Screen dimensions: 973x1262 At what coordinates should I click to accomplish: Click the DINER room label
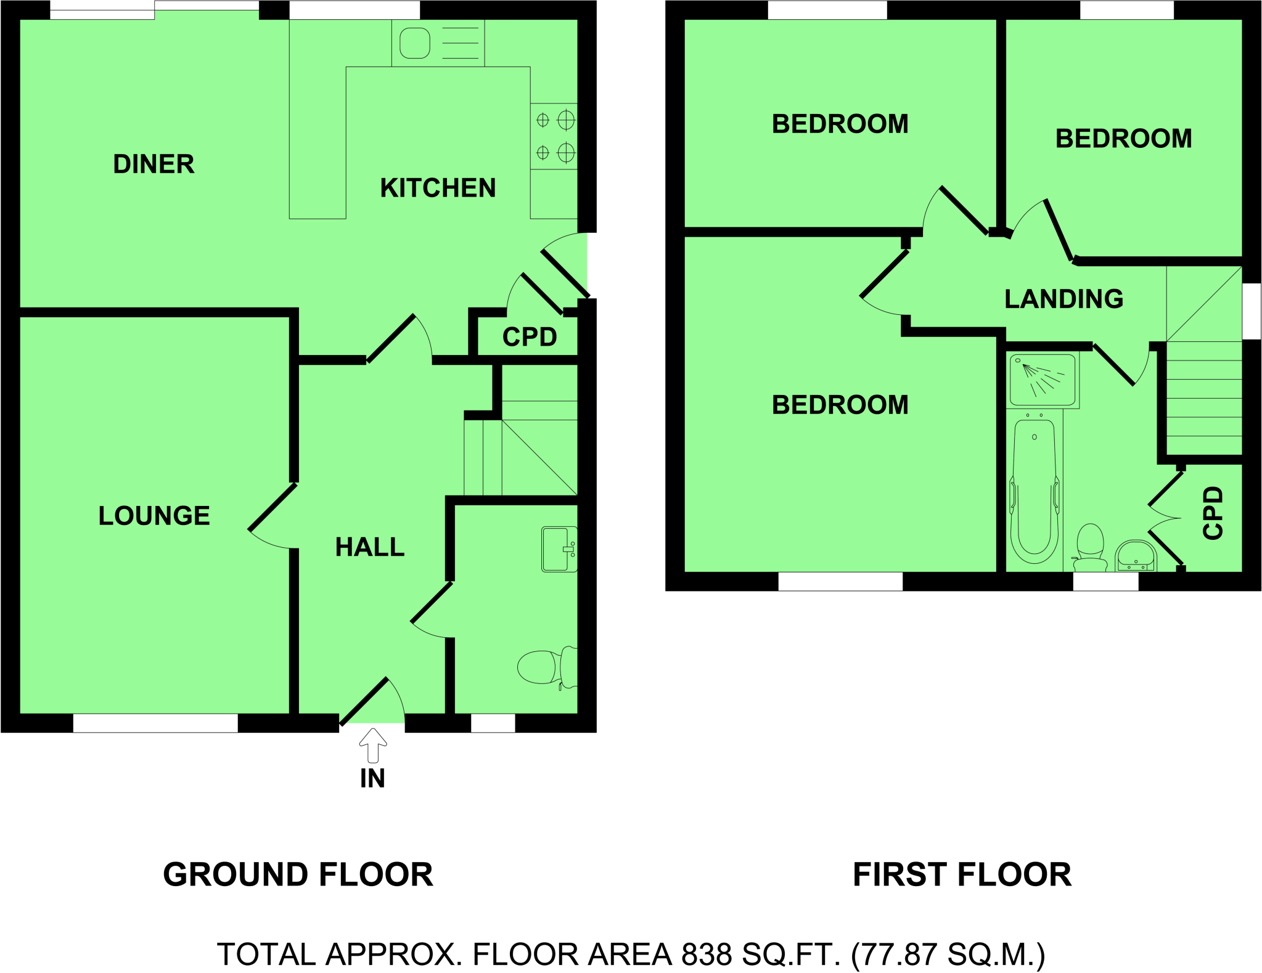pyautogui.click(x=154, y=165)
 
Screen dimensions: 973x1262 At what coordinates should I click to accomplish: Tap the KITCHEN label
pyautogui.click(x=438, y=188)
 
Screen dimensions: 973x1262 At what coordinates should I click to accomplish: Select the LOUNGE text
pyautogui.click(x=154, y=516)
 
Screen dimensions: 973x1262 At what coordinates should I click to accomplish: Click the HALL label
pyautogui.click(x=369, y=547)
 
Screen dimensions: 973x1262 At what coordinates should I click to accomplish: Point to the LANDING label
pyautogui.click(x=1063, y=299)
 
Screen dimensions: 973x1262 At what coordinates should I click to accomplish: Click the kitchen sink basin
pyautogui.click(x=415, y=43)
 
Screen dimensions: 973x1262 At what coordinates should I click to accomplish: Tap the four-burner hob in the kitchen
pyautogui.click(x=554, y=136)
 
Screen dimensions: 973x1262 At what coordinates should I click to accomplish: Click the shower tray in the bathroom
pyautogui.click(x=1043, y=380)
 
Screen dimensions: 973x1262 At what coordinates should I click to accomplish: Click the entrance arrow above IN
pyautogui.click(x=372, y=746)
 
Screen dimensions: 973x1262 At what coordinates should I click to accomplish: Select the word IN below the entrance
pyautogui.click(x=372, y=779)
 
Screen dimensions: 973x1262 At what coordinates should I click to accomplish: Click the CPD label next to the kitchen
pyautogui.click(x=530, y=337)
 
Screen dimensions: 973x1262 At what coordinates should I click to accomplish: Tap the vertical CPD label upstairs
pyautogui.click(x=1213, y=513)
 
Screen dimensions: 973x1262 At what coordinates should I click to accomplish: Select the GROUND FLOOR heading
pyautogui.click(x=298, y=874)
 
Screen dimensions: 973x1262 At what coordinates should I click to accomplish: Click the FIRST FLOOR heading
pyautogui.click(x=962, y=874)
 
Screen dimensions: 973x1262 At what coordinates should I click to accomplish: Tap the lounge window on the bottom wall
pyautogui.click(x=155, y=723)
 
